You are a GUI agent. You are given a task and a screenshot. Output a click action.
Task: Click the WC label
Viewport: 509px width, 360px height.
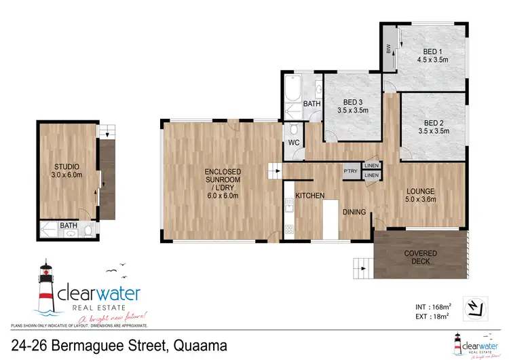[x=294, y=143]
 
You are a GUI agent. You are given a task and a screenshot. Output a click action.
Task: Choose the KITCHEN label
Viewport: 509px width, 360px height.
[x=309, y=196]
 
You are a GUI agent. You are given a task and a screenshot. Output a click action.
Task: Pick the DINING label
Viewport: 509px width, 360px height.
[x=354, y=212]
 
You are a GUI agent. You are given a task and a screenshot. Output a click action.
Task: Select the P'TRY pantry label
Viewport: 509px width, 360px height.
[x=351, y=170]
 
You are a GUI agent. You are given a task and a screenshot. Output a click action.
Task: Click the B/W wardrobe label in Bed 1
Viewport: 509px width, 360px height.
[x=388, y=49]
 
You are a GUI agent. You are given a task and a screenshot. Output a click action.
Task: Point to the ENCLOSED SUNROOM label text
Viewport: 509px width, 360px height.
[x=219, y=179]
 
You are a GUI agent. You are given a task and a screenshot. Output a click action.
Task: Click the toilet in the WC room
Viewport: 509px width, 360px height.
[x=293, y=129]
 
